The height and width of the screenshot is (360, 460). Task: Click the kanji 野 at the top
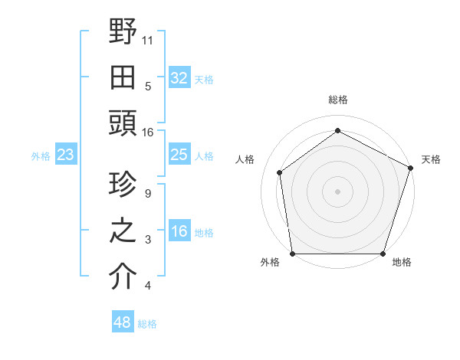(123, 31)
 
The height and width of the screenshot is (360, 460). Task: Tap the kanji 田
(123, 78)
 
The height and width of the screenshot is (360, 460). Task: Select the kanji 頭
(123, 125)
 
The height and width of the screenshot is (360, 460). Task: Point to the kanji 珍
(123, 186)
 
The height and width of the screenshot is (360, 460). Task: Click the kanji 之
(123, 232)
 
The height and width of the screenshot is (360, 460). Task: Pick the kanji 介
(123, 278)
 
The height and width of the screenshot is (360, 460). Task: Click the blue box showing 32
(179, 78)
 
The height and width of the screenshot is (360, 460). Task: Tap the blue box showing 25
(179, 155)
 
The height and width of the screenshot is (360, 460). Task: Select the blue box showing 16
(179, 232)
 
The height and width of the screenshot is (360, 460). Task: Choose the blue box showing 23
(66, 155)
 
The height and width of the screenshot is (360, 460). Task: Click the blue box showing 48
(123, 322)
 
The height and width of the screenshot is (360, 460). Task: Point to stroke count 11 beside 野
(148, 40)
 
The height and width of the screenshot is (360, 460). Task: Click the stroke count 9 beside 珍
(147, 194)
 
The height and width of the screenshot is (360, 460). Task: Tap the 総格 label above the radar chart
(337, 100)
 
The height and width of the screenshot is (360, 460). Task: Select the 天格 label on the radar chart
(431, 159)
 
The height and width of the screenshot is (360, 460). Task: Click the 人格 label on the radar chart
(245, 159)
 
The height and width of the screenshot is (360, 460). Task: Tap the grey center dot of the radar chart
(337, 191)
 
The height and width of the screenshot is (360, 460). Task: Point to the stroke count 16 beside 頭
(148, 133)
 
